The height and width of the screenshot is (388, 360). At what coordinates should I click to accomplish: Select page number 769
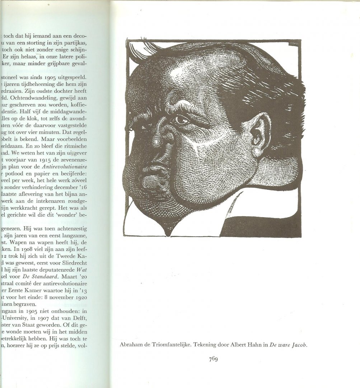[213, 359]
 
